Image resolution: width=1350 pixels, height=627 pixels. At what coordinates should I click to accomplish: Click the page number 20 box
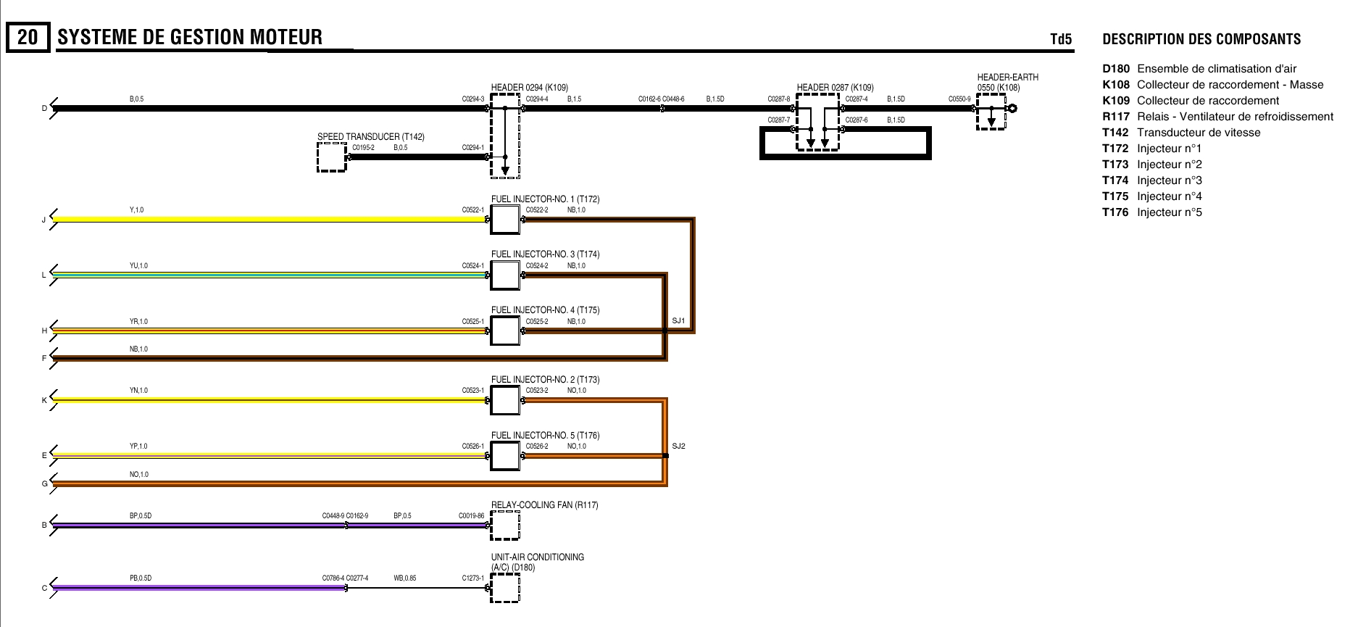(x=28, y=38)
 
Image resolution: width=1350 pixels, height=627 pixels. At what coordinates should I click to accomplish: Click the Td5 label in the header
(x=1061, y=39)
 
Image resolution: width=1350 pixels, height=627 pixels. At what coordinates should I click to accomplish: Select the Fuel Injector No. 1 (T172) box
(x=505, y=220)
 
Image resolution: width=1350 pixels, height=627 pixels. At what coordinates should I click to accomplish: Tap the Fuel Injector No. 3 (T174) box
(x=505, y=275)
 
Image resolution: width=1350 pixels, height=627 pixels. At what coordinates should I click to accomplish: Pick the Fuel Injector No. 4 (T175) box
(x=505, y=331)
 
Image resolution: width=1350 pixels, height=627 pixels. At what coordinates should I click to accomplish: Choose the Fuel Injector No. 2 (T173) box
(x=505, y=400)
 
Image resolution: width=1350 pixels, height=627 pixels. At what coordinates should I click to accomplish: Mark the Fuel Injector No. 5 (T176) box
(x=505, y=456)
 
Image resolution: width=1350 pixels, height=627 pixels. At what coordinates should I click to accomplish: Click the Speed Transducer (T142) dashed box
(x=332, y=157)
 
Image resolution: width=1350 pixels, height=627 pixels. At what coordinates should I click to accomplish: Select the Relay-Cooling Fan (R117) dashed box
(x=505, y=526)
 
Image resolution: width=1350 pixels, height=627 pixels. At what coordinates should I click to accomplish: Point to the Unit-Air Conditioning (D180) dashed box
(x=505, y=588)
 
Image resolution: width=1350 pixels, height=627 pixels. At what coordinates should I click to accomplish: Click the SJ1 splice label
(x=678, y=320)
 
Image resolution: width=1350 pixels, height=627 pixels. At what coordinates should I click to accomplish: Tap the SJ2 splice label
(x=678, y=446)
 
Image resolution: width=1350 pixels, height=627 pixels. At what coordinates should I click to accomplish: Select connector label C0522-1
(x=473, y=210)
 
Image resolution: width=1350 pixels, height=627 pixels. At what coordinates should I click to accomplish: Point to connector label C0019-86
(x=471, y=516)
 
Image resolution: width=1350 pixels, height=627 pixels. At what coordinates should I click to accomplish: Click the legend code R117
(x=1116, y=117)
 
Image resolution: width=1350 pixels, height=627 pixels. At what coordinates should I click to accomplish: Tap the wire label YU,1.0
(x=138, y=266)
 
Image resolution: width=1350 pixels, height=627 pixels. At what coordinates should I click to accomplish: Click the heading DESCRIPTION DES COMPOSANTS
(x=1201, y=39)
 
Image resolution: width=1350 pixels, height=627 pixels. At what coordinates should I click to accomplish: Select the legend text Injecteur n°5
(x=1169, y=212)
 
